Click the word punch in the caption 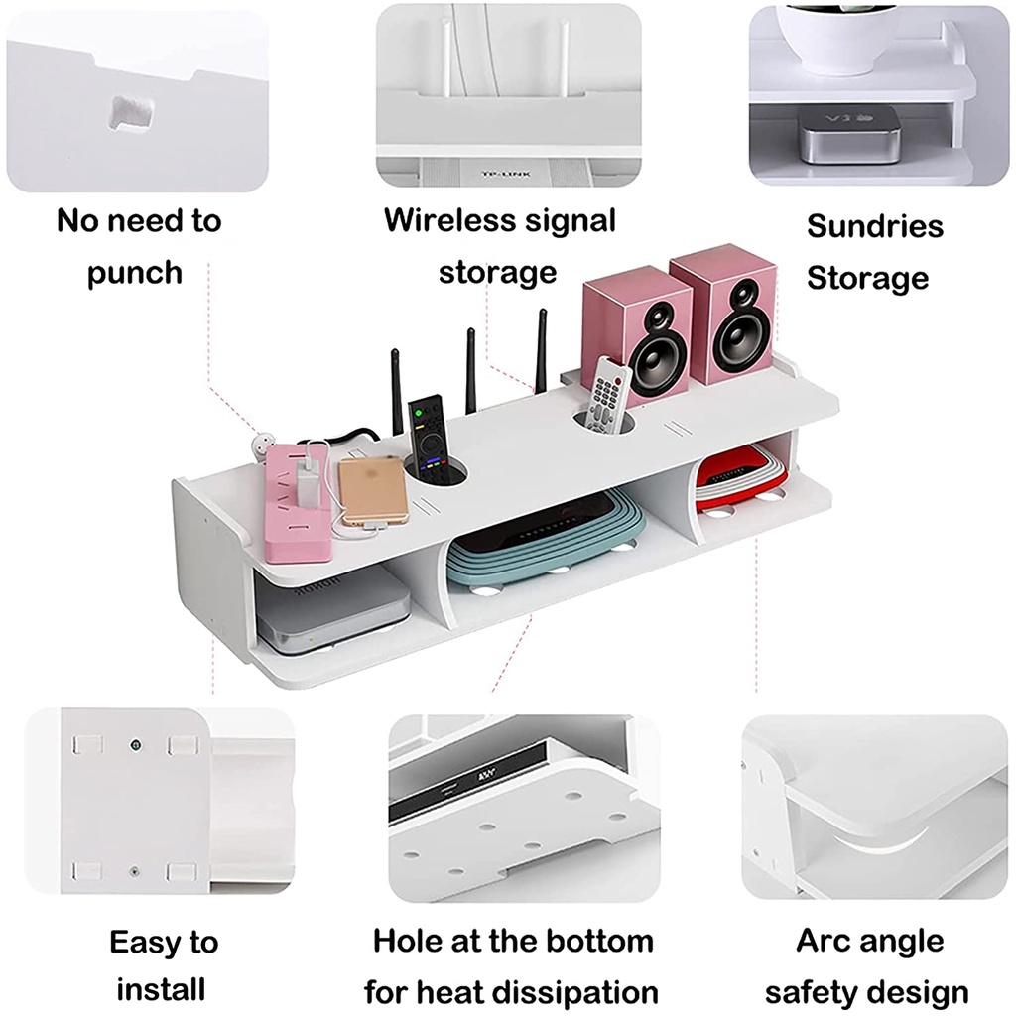135,272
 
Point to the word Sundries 860,226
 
